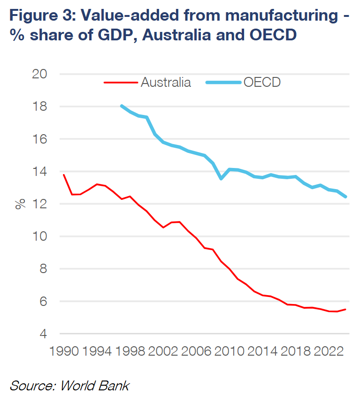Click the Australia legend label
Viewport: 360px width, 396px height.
166,83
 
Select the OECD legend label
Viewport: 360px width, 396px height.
262,83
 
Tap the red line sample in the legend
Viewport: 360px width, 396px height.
120,83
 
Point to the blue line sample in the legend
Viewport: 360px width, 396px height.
223,83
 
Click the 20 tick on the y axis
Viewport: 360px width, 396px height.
40,74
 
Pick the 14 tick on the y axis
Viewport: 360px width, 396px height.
40,172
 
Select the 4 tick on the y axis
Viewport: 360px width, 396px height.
43,334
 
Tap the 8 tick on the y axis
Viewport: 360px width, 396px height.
43,269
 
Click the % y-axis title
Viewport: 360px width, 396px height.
20,204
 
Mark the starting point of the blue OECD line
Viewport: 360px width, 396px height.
122,106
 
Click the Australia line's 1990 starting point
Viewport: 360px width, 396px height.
63,175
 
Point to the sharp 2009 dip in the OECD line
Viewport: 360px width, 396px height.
221,179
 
